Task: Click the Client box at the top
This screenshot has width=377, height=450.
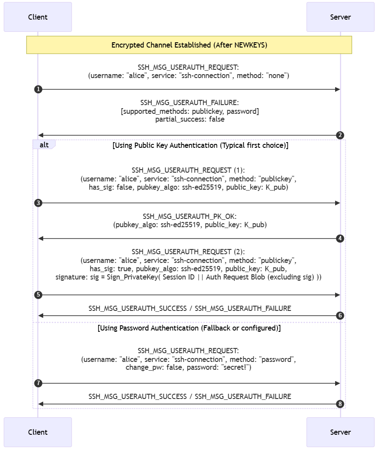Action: (38, 17)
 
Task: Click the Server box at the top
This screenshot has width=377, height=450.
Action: (340, 17)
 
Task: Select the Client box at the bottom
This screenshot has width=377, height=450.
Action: (38, 432)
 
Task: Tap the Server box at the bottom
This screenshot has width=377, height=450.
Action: (340, 432)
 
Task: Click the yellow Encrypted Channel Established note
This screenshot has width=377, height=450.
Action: (189, 45)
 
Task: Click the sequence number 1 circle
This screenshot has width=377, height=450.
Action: (38, 89)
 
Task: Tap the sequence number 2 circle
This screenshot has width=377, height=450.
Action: (340, 135)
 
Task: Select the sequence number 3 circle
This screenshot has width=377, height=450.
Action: (38, 203)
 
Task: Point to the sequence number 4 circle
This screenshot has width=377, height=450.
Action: (340, 239)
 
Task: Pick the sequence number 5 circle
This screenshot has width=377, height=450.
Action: (38, 295)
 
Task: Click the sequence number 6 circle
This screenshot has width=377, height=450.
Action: (340, 316)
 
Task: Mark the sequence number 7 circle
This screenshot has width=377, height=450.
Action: (38, 383)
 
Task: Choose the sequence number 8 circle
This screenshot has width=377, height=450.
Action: (340, 404)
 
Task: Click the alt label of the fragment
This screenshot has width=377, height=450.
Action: (44, 145)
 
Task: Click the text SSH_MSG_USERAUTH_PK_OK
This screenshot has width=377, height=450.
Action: (189, 217)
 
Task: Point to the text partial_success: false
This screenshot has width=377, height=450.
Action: (189, 119)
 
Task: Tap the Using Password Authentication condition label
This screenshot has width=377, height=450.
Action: (189, 327)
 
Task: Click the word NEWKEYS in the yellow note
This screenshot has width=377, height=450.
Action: (250, 45)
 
